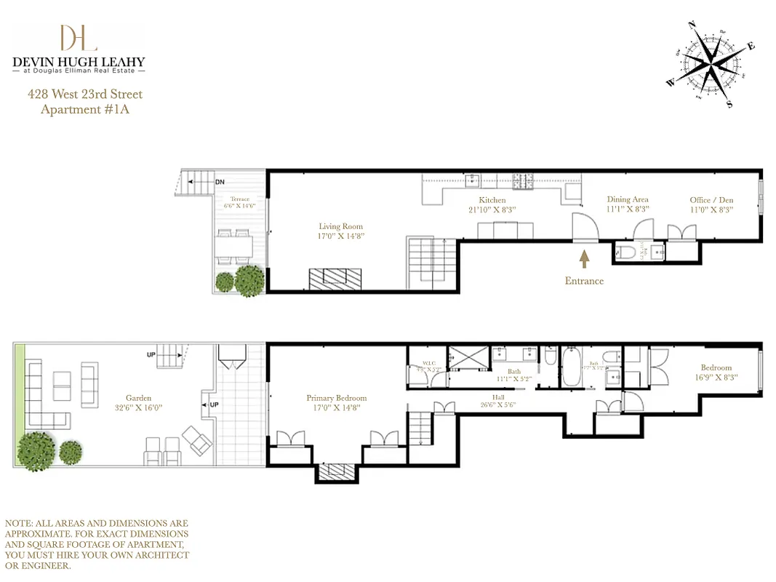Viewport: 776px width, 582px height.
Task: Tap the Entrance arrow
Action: tap(583, 258)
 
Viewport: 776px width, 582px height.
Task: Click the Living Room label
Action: tap(340, 226)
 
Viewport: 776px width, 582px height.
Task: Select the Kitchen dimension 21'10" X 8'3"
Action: tap(492, 210)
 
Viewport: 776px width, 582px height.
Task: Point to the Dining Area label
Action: tap(628, 199)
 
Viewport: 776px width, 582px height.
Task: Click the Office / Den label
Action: tap(711, 199)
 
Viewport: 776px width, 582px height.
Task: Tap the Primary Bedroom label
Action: tap(336, 398)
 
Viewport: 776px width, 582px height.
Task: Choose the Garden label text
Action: tap(138, 398)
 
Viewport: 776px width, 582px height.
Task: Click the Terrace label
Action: tap(240, 199)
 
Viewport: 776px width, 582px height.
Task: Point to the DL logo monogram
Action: tap(78, 38)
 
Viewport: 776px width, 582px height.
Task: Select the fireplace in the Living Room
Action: tap(335, 279)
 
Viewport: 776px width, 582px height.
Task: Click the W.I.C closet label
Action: tap(428, 364)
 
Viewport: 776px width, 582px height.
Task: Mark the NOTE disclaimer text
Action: tap(97, 544)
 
